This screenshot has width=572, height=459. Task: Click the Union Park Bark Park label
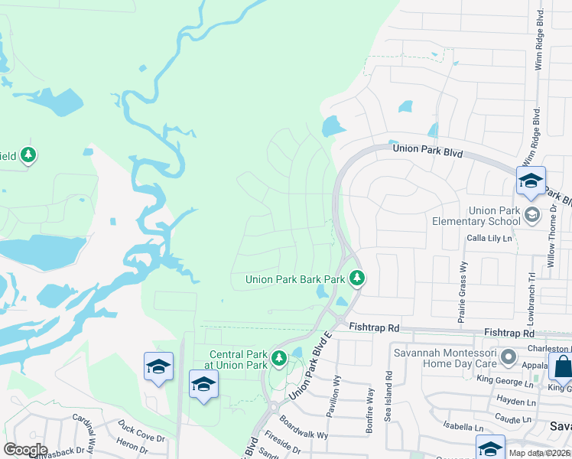point(294,280)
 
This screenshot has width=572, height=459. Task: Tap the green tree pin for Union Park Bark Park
point(356,279)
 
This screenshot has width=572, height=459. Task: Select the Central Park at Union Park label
point(239,359)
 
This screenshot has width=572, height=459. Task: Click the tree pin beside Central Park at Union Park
point(279,358)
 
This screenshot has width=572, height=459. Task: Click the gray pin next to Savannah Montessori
point(506,356)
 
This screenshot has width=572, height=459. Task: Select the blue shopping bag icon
point(562,368)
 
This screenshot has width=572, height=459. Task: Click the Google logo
point(25,450)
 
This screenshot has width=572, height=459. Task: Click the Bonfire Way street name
point(369,410)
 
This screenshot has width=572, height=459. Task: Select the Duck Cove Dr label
point(141,431)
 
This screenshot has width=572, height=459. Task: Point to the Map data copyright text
point(538,453)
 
